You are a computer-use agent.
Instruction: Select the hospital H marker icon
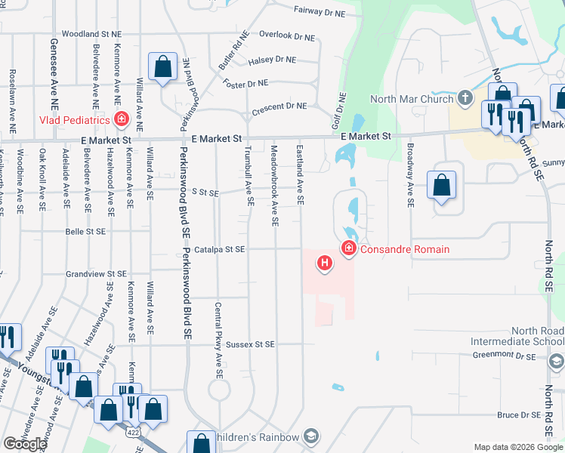325,263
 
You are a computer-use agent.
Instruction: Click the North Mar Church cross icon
465,98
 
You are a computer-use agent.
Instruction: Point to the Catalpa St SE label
219,249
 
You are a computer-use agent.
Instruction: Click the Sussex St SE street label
250,344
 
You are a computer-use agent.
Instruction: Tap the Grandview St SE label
96,274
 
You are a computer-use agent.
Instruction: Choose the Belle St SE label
85,232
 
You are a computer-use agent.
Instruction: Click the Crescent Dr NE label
279,106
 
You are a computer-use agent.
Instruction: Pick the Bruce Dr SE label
517,415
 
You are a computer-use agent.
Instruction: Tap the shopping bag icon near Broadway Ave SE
441,184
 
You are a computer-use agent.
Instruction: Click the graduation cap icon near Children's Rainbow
310,436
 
